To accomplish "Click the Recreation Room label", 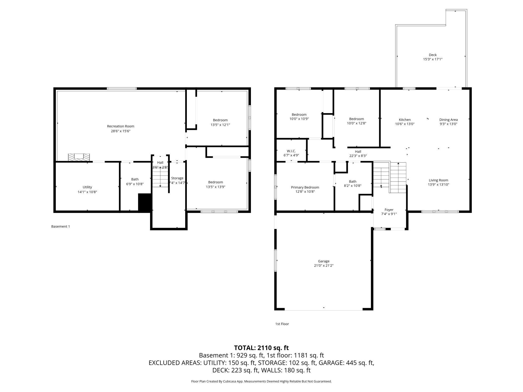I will (120, 126).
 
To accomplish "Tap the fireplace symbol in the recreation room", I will (79, 157).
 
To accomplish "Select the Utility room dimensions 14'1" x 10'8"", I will (87, 192).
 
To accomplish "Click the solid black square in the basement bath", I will (145, 203).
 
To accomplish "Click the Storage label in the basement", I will (177, 178).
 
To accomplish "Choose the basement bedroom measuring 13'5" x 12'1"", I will (220, 122).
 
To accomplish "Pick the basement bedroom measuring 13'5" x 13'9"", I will (215, 184).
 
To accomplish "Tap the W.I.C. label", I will (291, 151).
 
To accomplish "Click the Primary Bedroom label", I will (305, 187).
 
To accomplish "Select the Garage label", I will (324, 261).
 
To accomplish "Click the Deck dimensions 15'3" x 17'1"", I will (432, 59).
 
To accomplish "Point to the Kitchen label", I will (405, 120).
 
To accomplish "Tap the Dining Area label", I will (448, 120).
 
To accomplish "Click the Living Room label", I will (438, 180).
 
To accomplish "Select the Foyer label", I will (389, 210).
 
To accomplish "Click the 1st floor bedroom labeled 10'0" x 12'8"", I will (356, 121).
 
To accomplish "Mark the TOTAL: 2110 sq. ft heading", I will (261, 348).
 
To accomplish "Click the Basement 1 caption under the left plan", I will (61, 226).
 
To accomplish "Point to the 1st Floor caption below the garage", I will (282, 324).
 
